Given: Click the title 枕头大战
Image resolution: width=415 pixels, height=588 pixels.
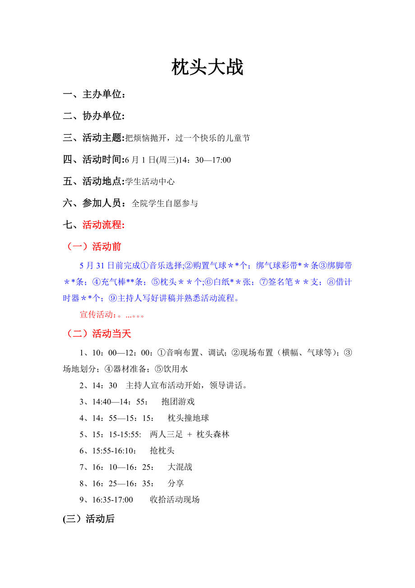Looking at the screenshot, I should pos(207,68).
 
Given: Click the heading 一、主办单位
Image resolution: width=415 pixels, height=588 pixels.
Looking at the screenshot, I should pos(94,94).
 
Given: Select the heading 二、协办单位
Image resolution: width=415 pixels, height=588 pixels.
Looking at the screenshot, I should pos(94,116).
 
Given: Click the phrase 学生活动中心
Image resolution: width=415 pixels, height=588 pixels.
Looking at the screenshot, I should pos(150,182).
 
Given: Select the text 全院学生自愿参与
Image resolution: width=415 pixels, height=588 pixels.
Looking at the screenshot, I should pos(165,204).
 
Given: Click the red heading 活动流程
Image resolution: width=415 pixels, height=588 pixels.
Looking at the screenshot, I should pos(103,225).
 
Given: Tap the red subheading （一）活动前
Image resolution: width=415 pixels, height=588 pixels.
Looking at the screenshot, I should pos(94,247).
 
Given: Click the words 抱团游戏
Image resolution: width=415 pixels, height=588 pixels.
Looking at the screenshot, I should pos(178,401).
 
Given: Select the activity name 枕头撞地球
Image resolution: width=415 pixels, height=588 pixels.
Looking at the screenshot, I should pos(188,418).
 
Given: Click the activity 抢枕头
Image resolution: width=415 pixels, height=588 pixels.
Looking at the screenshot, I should pos(162,451).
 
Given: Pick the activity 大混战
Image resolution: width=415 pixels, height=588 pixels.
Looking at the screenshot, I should pos(180,467).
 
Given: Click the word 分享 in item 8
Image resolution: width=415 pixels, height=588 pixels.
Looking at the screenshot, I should pos(176,483).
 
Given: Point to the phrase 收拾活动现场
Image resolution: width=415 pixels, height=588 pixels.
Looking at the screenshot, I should pos(175,499).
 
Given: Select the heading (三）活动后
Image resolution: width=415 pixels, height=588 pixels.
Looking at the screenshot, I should pos(89,519).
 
